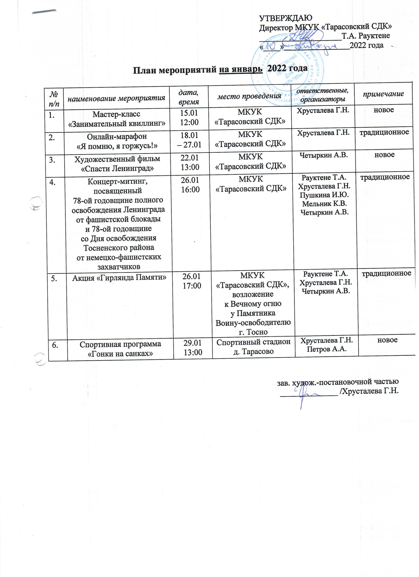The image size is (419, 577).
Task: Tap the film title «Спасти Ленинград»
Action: (117, 168)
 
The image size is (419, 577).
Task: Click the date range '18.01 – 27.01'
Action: (189, 140)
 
